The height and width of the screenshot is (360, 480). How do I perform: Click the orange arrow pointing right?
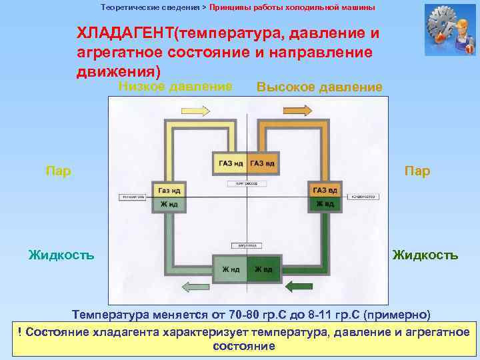297,110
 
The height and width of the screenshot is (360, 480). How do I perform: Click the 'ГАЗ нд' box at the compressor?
229,164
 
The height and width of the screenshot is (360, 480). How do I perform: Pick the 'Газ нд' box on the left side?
168,191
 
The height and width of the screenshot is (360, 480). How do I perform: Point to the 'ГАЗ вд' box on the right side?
325,191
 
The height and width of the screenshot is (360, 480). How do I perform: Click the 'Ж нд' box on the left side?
168,204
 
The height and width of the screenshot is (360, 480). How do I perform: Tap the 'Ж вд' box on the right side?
325,204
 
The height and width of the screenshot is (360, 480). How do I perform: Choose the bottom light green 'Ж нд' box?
229,269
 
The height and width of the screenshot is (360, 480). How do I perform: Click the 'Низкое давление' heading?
175,85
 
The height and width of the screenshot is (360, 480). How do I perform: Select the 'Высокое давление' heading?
319,87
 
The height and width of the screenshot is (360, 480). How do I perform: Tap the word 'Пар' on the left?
58,171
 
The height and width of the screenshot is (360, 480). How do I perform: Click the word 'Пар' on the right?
417,171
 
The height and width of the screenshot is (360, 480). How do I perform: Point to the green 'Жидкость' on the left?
61,255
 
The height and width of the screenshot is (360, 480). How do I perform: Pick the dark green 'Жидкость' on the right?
425,255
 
